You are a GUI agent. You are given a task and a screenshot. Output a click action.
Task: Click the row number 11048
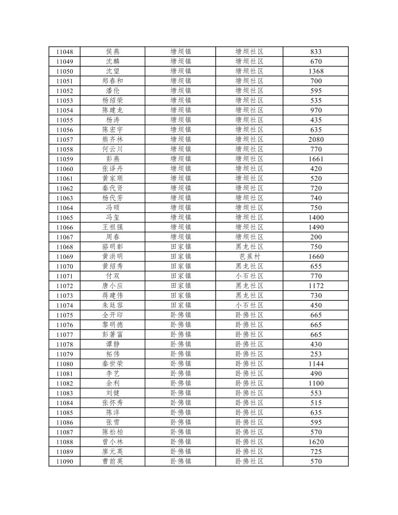[x=64, y=52]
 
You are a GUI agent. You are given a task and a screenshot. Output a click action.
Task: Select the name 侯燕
[x=113, y=52]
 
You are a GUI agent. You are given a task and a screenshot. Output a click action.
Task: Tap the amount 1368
[x=316, y=71]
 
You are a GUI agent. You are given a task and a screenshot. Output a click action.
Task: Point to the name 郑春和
[x=113, y=81]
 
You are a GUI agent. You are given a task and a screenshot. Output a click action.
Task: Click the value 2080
[x=316, y=139]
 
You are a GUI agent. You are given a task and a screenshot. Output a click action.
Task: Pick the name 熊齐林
[x=113, y=139]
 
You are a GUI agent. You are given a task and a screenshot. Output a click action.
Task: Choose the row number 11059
[x=64, y=159]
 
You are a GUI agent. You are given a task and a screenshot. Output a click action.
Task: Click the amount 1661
[x=316, y=159]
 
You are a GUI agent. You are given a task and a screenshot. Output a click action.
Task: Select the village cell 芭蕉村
[x=250, y=256]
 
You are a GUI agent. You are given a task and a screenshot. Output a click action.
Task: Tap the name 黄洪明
[x=113, y=256]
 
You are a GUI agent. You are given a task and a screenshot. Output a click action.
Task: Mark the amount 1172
[x=316, y=286]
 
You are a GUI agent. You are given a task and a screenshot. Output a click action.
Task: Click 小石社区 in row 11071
[x=250, y=276]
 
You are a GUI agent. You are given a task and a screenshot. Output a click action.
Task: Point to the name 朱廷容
[x=113, y=305]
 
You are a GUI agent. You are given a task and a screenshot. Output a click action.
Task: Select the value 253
[x=316, y=354]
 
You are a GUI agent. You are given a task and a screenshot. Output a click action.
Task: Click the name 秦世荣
[x=113, y=364]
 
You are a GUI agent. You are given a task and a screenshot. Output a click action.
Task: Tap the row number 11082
[x=64, y=384]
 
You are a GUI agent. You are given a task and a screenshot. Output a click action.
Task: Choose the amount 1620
[x=316, y=442]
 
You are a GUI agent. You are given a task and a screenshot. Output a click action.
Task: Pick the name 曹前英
[x=113, y=461]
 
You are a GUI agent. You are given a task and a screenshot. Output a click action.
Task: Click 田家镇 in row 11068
[x=181, y=247]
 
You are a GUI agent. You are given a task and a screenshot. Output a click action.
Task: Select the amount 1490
[x=316, y=227]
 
